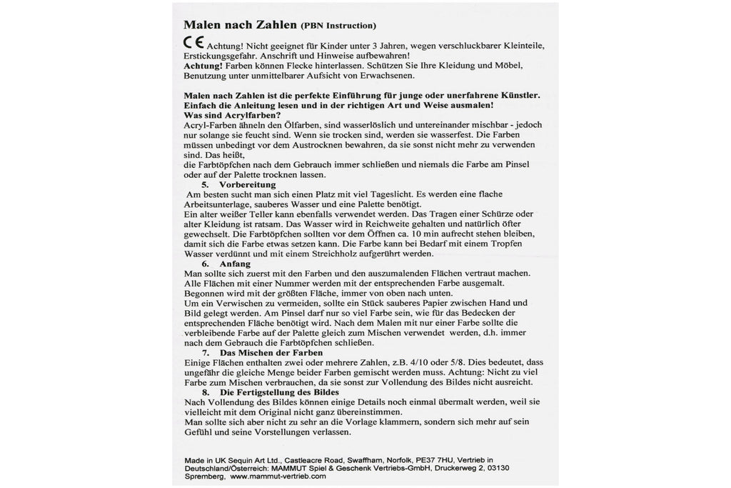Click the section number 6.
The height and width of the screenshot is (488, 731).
(206, 264)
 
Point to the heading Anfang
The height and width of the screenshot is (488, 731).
(235, 264)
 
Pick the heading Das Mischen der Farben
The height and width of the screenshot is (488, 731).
(271, 353)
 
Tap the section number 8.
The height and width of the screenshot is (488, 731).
(206, 393)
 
